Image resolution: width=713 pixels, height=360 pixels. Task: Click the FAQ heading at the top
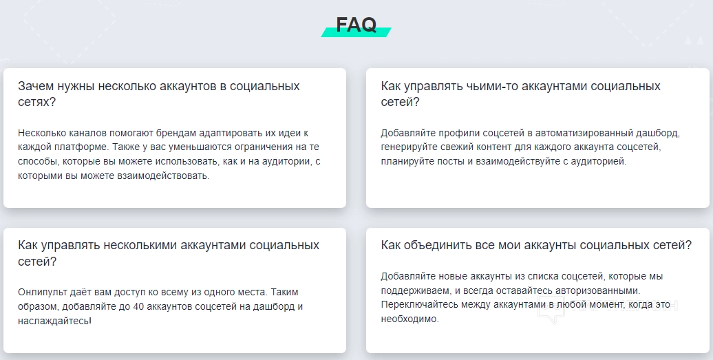pos(356,25)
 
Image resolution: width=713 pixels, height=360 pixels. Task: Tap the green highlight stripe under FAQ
pos(356,32)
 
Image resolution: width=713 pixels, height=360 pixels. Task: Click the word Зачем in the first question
pos(36,86)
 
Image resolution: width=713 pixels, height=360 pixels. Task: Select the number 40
pos(139,307)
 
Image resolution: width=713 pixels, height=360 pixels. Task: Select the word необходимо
pos(409,319)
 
